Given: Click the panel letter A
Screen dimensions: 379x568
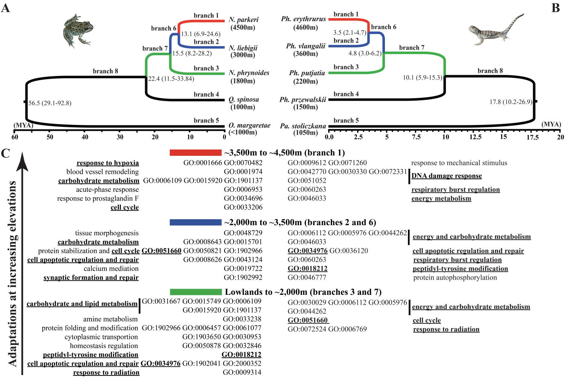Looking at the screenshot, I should (5, 7).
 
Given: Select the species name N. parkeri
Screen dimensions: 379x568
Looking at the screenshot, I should (244, 20).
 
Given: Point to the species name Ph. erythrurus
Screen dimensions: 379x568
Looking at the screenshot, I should (303, 19).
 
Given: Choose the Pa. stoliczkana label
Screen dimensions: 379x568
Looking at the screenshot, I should (303, 126).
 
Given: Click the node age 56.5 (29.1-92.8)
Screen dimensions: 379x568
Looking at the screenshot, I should (50, 103).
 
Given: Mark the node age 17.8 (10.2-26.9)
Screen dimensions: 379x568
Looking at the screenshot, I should (510, 102).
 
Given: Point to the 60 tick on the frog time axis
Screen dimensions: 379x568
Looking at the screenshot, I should (15, 137).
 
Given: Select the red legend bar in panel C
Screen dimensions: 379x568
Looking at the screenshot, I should (195, 153).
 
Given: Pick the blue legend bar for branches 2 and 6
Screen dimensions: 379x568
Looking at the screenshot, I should (195, 222).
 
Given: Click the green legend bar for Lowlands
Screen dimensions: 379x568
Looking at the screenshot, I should (195, 292).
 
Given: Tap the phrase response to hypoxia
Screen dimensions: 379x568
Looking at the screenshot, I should (108, 163).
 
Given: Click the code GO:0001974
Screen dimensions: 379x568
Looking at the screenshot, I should (243, 171).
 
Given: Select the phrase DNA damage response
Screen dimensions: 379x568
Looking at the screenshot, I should (446, 176).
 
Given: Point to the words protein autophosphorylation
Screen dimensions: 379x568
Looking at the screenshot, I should (455, 278).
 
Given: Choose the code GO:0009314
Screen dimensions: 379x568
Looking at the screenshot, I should (242, 372).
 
